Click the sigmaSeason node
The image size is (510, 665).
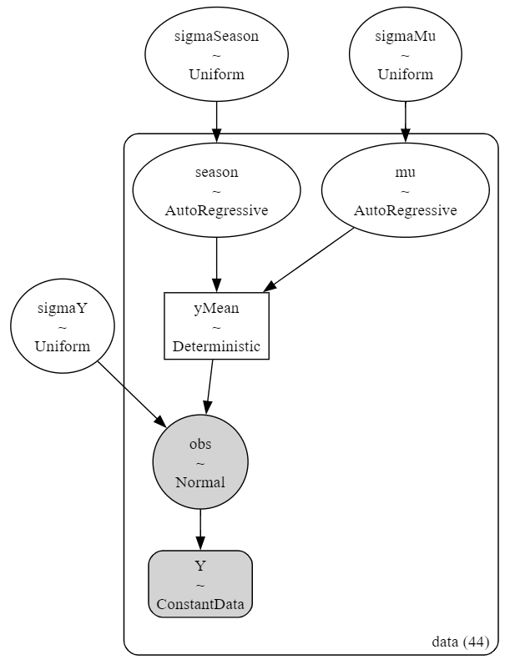[x=216, y=54]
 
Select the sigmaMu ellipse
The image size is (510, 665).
[x=405, y=54]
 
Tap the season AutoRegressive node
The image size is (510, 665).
[x=216, y=190]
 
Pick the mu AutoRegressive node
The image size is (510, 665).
[x=405, y=190]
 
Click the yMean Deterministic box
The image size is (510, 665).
[x=216, y=326]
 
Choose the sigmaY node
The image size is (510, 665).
[x=63, y=326]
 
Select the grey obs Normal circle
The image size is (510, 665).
[x=200, y=462]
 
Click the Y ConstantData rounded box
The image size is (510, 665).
[x=200, y=584]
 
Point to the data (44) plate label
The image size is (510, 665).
[x=461, y=642]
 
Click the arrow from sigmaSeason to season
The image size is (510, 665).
[x=216, y=122]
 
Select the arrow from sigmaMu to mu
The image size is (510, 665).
[x=405, y=122]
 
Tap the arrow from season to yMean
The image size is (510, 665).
[x=216, y=264]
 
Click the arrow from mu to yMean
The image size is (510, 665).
[x=309, y=260]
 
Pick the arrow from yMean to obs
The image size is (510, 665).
[x=210, y=387]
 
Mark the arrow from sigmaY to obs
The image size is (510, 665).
[x=132, y=394]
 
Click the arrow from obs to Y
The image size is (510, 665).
[x=200, y=530]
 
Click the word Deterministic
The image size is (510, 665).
[x=216, y=346]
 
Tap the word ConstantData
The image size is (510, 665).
[x=200, y=604]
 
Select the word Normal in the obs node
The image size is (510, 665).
[x=200, y=482]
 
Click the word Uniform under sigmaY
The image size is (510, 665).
[x=63, y=346]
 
